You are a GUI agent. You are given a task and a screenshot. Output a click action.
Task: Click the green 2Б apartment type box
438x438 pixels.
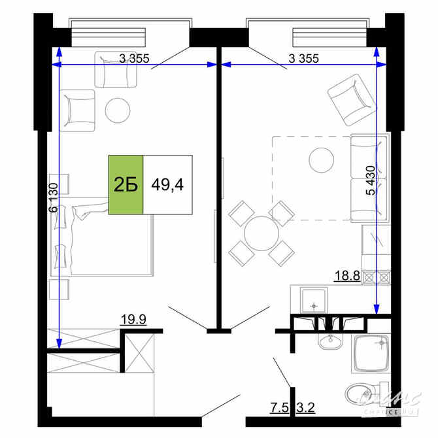click(126, 185)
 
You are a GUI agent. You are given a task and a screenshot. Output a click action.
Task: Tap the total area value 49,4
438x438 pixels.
click(167, 185)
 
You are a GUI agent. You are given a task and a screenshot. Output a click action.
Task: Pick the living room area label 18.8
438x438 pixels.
click(347, 276)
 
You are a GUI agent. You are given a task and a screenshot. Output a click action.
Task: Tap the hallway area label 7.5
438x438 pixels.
click(280, 410)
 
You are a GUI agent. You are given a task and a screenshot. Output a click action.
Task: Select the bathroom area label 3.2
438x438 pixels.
click(306, 410)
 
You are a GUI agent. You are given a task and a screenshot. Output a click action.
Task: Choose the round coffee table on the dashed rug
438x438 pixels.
click(321, 159)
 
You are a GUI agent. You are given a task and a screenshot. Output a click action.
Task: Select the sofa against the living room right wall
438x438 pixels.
click(369, 178)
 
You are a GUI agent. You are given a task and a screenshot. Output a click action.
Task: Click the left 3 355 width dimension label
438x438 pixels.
click(135, 58)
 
